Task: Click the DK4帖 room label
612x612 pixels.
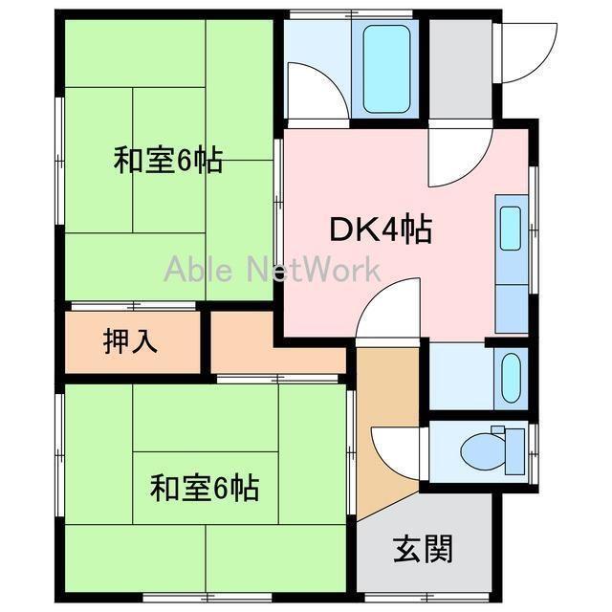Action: click(x=380, y=230)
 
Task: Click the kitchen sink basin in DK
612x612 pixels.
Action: click(x=511, y=228)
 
